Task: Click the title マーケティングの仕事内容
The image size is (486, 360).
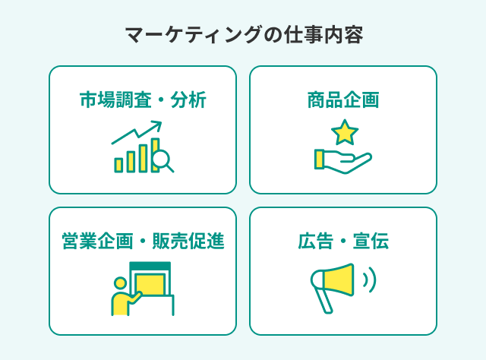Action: pyautogui.click(x=243, y=35)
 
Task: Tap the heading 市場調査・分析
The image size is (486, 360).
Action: pyautogui.click(x=143, y=100)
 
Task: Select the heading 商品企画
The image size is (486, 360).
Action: pyautogui.click(x=343, y=100)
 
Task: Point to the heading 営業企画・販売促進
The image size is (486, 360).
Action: pyautogui.click(x=143, y=242)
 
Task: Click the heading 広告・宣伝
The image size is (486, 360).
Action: pyautogui.click(x=343, y=242)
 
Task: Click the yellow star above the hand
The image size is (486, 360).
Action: pyautogui.click(x=345, y=132)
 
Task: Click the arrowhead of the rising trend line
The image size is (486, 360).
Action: pyautogui.click(x=158, y=125)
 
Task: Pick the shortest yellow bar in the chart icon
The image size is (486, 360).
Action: pyautogui.click(x=118, y=165)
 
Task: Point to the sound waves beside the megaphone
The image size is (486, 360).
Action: pyautogui.click(x=369, y=279)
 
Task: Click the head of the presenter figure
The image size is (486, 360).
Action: pyautogui.click(x=119, y=283)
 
